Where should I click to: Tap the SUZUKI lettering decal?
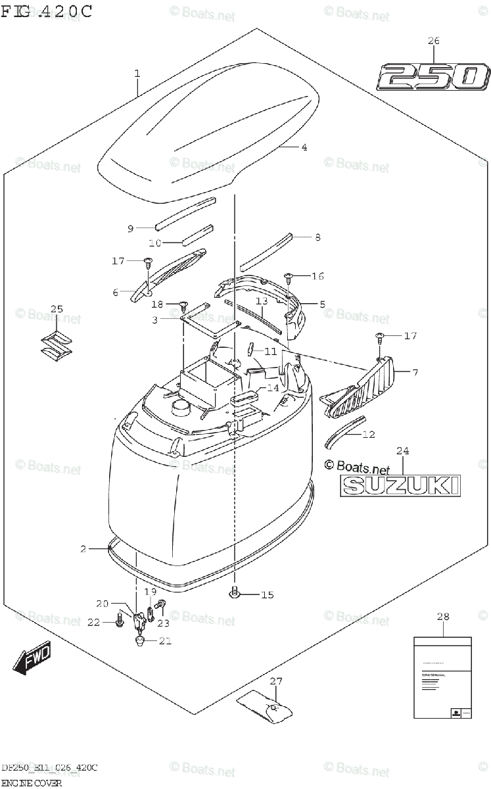pyautogui.click(x=400, y=485)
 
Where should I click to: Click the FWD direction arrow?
pyautogui.click(x=32, y=659)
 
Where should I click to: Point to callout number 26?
pyautogui.click(x=433, y=41)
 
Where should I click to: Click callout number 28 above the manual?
pyautogui.click(x=443, y=616)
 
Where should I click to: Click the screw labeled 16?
pyautogui.click(x=288, y=276)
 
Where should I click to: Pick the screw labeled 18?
pyautogui.click(x=183, y=304)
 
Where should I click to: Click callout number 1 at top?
pyautogui.click(x=137, y=73)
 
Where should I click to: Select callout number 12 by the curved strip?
pyautogui.click(x=369, y=434)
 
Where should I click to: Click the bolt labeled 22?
pyautogui.click(x=119, y=619)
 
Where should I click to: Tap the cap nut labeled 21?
pyautogui.click(x=139, y=641)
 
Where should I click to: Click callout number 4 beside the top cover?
pyautogui.click(x=304, y=147)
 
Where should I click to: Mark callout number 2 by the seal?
pyautogui.click(x=83, y=548)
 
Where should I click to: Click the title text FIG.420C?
pyautogui.click(x=46, y=11)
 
